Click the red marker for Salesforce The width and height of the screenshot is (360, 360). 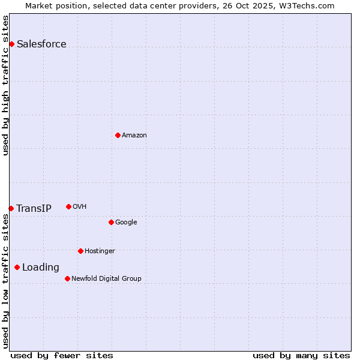[11, 44]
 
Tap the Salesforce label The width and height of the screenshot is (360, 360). [41, 44]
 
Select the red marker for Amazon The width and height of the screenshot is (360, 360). [118, 135]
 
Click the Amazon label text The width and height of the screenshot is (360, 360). [134, 136]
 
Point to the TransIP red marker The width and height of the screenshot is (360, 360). [11, 208]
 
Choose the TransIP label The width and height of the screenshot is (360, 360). [34, 209]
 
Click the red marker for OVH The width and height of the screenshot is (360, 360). [68, 206]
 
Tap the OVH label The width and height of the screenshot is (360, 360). [79, 207]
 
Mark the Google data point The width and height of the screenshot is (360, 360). [111, 222]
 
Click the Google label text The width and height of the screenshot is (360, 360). [126, 223]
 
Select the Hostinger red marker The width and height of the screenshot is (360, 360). [80, 251]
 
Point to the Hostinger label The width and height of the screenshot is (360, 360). [100, 251]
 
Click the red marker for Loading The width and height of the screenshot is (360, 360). [17, 267]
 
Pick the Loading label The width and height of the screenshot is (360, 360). [41, 268]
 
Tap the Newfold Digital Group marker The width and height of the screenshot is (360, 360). [67, 278]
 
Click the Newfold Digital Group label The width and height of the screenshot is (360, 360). [106, 279]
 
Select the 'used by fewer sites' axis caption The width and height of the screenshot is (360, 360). [62, 355]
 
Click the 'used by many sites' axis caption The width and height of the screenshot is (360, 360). [301, 355]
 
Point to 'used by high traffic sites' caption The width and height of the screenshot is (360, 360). [5, 85]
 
